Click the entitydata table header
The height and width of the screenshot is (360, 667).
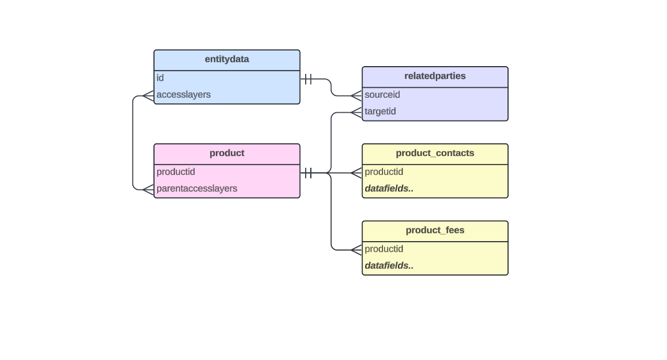pos(227,59)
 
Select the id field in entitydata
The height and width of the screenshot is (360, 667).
pos(160,78)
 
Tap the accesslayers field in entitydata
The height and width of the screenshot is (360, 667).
pos(183,94)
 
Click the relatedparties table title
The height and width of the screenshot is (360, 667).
pos(435,76)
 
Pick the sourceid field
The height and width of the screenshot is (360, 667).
pos(382,95)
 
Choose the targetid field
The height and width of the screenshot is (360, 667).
pos(380,112)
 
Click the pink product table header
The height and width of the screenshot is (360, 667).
pos(227,153)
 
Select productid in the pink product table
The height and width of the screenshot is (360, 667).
pos(176,172)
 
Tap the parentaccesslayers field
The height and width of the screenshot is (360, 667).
pos(197,189)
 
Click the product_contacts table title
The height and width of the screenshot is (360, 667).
pos(435,153)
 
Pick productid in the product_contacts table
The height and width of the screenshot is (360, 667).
pos(384,172)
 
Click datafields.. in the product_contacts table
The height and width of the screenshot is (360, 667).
pos(389,189)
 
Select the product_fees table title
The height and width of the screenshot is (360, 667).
pos(435,231)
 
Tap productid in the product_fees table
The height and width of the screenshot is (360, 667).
pos(384,249)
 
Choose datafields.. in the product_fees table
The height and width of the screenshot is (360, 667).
pos(389,266)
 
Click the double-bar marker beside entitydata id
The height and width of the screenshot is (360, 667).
pos(308,79)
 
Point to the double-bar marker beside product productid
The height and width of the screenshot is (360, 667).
pos(308,173)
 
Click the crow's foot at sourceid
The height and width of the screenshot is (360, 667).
pos(356,96)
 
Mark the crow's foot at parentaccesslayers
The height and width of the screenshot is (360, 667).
pos(148,189)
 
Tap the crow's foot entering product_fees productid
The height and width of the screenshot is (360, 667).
pos(356,250)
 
